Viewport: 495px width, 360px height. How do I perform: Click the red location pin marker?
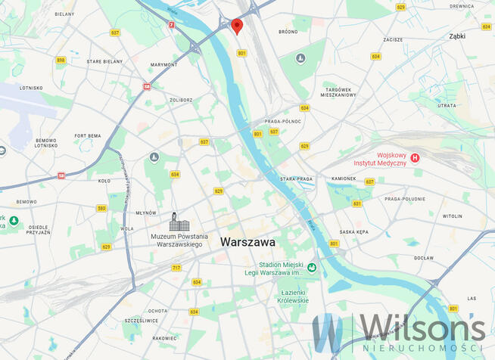point(237,26)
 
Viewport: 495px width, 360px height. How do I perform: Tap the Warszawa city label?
point(247,242)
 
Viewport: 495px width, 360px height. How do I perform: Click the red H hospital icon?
point(415,158)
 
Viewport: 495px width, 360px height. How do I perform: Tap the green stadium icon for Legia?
point(311,267)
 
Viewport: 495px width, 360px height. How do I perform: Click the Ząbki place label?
point(457,36)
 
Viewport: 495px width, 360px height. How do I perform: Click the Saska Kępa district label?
point(353,232)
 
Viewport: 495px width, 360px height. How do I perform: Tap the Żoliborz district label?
point(181,100)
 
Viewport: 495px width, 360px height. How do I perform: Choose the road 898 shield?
point(61,60)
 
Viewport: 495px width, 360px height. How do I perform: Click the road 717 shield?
point(176,268)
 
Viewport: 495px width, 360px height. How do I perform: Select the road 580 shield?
point(101,208)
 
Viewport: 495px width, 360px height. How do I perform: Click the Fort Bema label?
point(87,135)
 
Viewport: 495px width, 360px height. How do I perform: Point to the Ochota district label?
point(158,311)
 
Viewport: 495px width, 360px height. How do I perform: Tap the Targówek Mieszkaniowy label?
point(338,92)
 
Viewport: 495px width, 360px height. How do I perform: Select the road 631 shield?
point(356,203)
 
